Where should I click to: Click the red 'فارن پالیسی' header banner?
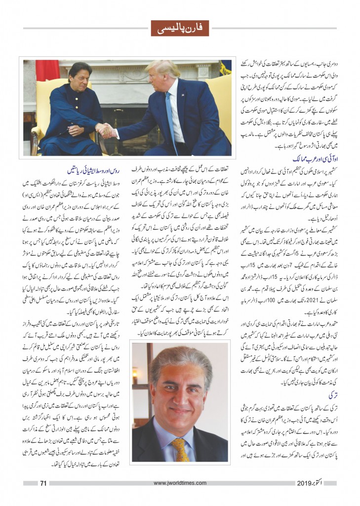pos(180,28)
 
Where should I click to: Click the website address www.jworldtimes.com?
pos(179,483)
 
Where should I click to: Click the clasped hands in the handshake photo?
pos(105,131)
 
